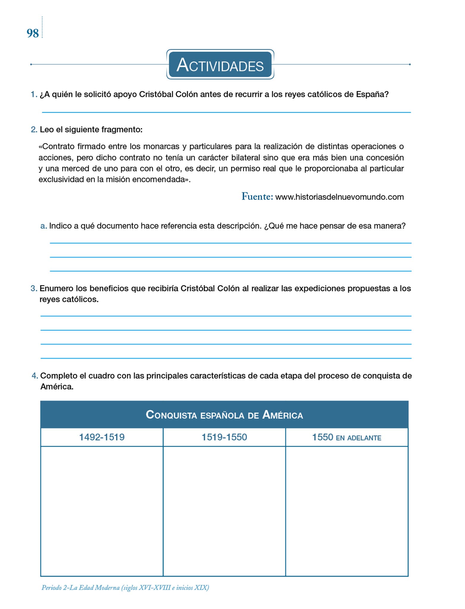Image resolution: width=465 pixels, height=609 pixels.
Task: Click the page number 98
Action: [33, 33]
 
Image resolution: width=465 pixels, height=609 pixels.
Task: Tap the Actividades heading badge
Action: [220, 65]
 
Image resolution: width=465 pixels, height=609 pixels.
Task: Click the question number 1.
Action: [34, 95]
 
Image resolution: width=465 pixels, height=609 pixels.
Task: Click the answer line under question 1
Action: [226, 112]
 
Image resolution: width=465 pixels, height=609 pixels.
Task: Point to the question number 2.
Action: [34, 130]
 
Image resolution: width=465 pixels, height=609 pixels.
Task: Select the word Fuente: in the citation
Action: [257, 197]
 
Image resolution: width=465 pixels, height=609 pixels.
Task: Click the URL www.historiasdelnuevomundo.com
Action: [340, 197]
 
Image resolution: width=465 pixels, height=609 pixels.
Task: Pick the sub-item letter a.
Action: [43, 226]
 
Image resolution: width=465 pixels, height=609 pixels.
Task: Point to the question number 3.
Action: [34, 288]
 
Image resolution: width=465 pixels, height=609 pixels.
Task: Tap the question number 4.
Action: [35, 376]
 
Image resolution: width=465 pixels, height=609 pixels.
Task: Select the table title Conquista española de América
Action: [224, 415]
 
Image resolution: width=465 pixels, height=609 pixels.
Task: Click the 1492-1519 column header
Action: [102, 437]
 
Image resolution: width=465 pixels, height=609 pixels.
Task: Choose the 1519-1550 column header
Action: [224, 437]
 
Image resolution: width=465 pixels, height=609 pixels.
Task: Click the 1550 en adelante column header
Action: [346, 437]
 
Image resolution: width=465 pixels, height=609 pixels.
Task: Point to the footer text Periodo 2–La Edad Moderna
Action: [125, 588]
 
